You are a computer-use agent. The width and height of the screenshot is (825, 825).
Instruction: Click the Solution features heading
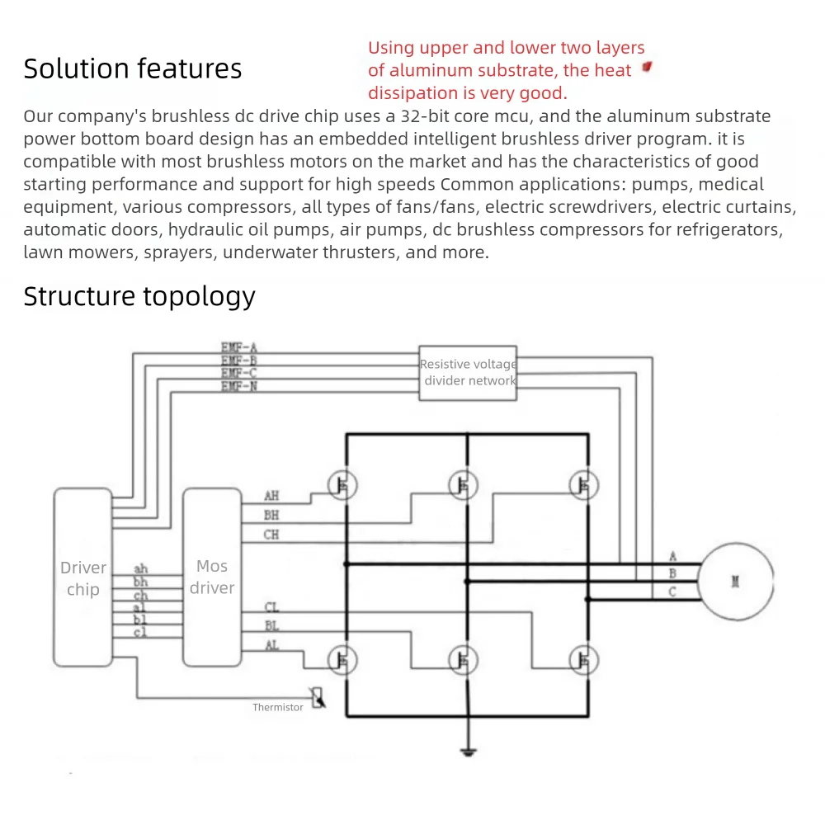click(x=133, y=68)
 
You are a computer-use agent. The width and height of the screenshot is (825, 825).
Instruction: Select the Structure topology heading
click(x=139, y=295)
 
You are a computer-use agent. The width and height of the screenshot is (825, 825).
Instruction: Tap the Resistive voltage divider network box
click(x=468, y=373)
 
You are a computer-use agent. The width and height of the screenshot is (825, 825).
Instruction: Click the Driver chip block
click(x=82, y=577)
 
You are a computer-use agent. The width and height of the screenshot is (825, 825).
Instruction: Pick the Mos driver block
click(x=211, y=577)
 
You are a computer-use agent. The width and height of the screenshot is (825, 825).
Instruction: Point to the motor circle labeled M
click(x=735, y=581)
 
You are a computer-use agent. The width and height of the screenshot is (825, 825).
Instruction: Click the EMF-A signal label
click(x=239, y=348)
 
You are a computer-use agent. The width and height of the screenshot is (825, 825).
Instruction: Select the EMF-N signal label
click(x=239, y=385)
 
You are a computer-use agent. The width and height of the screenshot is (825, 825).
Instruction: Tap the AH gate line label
click(x=271, y=497)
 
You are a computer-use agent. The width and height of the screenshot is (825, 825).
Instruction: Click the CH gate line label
click(x=271, y=535)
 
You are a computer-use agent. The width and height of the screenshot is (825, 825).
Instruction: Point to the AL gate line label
click(x=271, y=645)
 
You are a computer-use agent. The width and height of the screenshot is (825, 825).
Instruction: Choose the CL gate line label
click(x=271, y=608)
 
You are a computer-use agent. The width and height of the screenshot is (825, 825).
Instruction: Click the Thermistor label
click(x=278, y=707)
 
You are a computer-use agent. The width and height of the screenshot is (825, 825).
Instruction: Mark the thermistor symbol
click(x=317, y=697)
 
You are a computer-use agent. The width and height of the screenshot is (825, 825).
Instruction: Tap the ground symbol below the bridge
click(x=468, y=751)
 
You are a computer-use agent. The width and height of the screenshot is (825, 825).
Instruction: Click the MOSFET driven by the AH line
click(x=342, y=485)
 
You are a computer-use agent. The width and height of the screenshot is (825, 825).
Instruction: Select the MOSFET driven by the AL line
click(x=342, y=658)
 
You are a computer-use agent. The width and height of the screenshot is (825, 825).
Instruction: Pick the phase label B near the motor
click(x=672, y=573)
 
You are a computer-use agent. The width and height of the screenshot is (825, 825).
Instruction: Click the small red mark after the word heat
click(x=647, y=67)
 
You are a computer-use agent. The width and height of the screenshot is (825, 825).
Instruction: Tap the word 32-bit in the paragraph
click(x=422, y=116)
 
